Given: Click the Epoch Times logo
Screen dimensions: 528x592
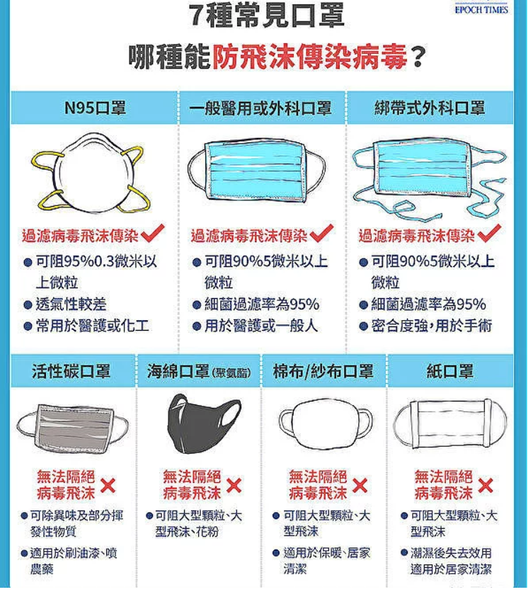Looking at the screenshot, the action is tap(481, 8).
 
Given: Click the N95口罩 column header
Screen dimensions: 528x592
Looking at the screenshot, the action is tap(95, 108).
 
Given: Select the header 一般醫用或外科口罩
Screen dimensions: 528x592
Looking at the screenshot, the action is tap(260, 108).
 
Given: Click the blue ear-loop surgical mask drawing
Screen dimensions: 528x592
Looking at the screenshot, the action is tap(257, 172).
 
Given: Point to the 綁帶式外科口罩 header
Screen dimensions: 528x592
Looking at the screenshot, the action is tap(430, 108).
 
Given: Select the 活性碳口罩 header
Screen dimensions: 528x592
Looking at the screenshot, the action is tap(71, 372).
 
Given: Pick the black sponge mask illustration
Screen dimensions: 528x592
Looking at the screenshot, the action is tap(204, 423).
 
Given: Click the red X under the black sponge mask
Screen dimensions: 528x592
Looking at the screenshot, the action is tap(234, 486).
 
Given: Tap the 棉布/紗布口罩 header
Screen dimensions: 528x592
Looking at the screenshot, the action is tap(323, 372).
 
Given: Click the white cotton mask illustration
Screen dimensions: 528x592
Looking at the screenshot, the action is tap(326, 423).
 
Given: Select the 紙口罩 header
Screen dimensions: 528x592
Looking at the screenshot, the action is tap(450, 372).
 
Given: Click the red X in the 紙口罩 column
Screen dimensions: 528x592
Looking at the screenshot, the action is tap(486, 486).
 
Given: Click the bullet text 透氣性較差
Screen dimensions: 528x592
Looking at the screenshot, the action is tap(71, 304).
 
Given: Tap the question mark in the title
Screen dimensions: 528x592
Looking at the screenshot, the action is tap(418, 57).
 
